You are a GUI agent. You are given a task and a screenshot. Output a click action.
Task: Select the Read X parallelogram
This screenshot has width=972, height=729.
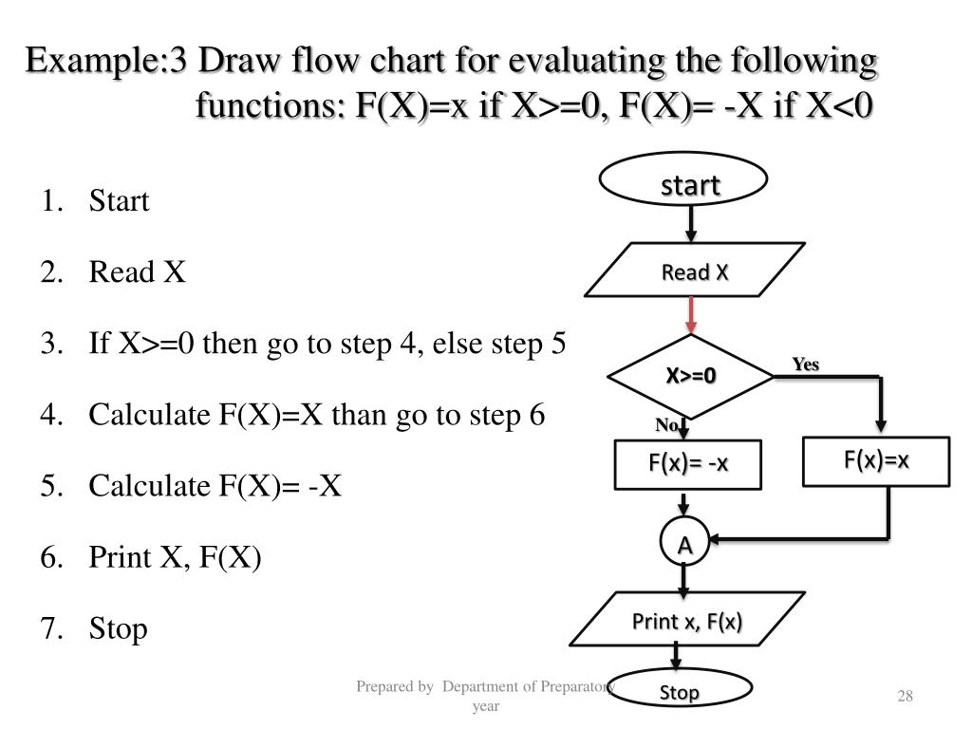(695, 273)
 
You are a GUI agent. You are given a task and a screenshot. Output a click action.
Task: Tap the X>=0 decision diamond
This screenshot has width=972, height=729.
(690, 377)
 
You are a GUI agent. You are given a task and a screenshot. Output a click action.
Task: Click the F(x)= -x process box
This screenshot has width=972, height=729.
(688, 463)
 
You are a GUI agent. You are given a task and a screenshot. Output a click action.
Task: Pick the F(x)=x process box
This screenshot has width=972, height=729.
(877, 460)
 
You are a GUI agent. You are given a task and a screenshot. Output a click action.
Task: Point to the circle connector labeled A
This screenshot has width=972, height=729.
(683, 545)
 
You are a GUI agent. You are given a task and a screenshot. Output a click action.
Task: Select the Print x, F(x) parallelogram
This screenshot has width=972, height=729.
(687, 622)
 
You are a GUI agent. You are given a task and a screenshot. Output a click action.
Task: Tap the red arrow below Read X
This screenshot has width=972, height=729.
(691, 314)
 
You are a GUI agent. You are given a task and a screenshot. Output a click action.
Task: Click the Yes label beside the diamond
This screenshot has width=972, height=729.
(806, 364)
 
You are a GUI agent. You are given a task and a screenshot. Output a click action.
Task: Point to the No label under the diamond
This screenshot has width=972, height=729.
(665, 425)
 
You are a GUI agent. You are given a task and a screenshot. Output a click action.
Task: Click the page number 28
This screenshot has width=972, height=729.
(905, 698)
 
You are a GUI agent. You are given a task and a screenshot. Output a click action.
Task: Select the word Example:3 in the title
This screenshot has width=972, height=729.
(105, 64)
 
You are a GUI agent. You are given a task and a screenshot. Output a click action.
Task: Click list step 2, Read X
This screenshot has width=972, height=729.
(137, 273)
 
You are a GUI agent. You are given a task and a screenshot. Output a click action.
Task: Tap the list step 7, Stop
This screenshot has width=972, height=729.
(118, 628)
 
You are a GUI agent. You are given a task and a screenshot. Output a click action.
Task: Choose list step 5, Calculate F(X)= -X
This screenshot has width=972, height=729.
(215, 486)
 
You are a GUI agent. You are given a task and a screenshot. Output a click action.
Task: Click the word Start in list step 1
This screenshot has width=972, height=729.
(120, 202)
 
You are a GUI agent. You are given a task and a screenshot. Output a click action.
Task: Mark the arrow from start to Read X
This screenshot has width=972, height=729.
(691, 222)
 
